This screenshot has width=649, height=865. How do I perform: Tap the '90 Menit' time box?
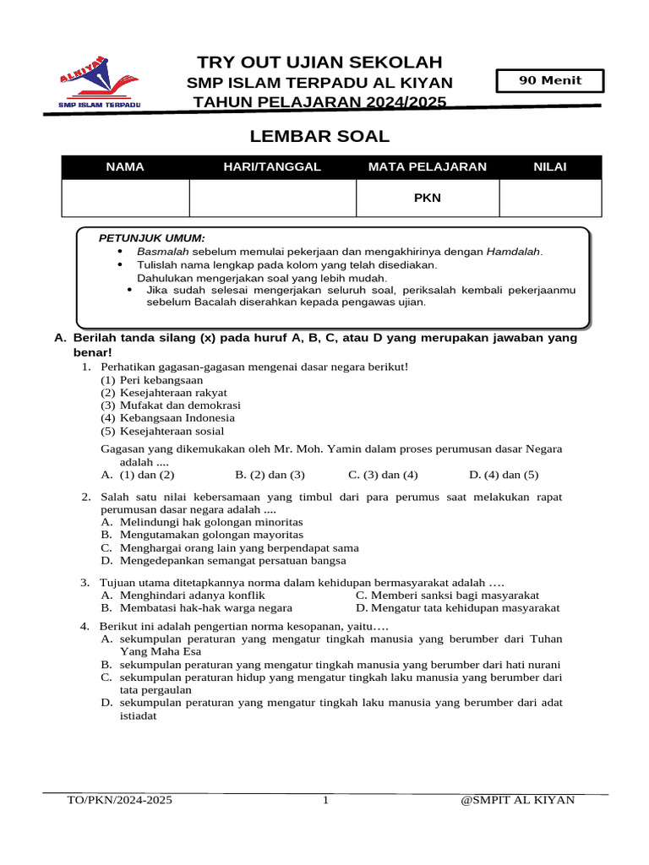[551, 81]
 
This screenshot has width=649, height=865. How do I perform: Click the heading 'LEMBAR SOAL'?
[320, 137]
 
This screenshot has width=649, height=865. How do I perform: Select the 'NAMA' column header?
[125, 167]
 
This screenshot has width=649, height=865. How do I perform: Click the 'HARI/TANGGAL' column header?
[272, 167]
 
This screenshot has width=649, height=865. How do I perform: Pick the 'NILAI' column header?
[550, 167]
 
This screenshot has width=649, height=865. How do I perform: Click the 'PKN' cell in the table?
[427, 199]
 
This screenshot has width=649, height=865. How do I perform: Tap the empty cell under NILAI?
[550, 199]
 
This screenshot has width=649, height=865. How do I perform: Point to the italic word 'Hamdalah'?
[514, 252]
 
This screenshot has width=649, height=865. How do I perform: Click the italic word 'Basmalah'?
[164, 252]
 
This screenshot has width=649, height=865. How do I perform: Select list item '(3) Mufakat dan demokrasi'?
[171, 405]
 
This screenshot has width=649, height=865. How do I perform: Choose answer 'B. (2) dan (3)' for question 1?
[270, 475]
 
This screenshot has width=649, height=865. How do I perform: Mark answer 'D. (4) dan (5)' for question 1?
[504, 475]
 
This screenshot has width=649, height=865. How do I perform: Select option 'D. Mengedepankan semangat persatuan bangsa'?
[223, 560]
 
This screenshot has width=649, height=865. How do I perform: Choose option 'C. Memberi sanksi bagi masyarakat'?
[447, 595]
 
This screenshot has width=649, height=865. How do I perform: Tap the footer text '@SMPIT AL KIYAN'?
[517, 800]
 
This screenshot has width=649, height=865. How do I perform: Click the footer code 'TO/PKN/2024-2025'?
[120, 800]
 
